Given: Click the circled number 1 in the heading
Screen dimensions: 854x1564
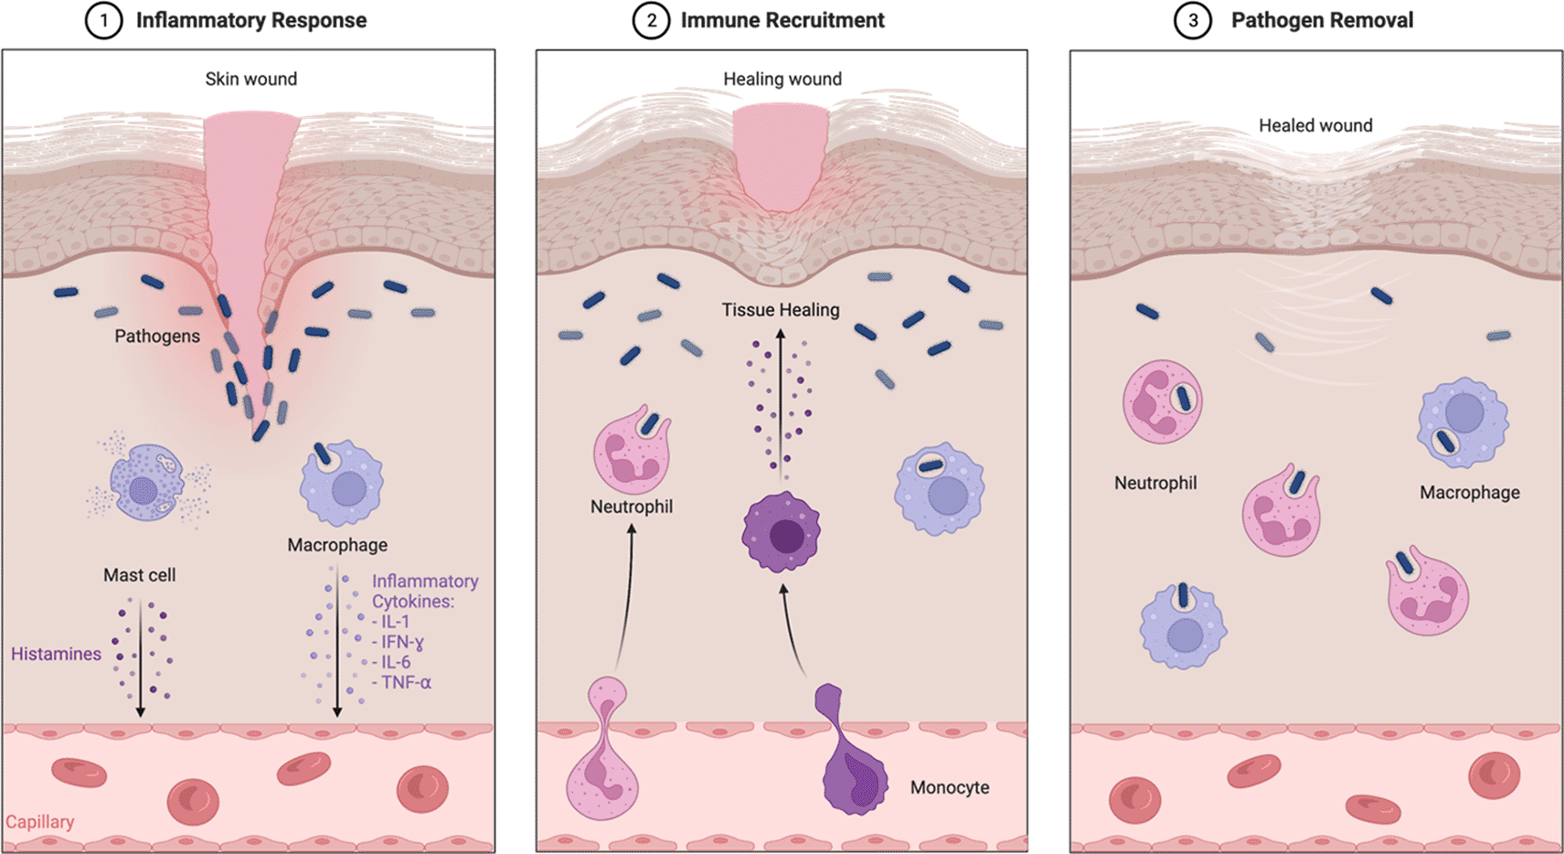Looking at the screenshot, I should (x=103, y=21).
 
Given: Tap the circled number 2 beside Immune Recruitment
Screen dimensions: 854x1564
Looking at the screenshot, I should (x=651, y=21).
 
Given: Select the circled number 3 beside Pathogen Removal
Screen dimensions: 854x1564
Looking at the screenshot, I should (x=1192, y=21).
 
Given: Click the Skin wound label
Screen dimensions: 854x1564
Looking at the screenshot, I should (x=250, y=80).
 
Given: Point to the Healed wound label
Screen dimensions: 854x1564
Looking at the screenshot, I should (x=1315, y=126).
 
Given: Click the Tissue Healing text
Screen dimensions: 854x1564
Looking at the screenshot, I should (x=781, y=310).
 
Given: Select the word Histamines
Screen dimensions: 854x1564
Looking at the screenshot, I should (x=56, y=654).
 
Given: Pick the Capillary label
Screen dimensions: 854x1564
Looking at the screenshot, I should (x=40, y=822).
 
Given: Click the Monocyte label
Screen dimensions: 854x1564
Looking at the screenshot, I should (x=950, y=787).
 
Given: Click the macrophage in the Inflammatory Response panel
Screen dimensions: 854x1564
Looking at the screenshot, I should (x=341, y=485).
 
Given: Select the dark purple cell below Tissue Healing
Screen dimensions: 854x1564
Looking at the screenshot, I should (x=782, y=532).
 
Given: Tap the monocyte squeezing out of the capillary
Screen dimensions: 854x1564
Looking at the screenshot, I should (x=852, y=759).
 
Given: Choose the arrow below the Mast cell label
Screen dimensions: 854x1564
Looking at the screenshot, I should (x=140, y=658).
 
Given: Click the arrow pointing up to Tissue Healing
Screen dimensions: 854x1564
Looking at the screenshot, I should (x=781, y=402).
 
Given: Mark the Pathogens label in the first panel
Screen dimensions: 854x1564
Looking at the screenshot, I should (x=157, y=336).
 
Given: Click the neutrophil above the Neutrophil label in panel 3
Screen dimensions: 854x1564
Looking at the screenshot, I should (x=1162, y=402).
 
